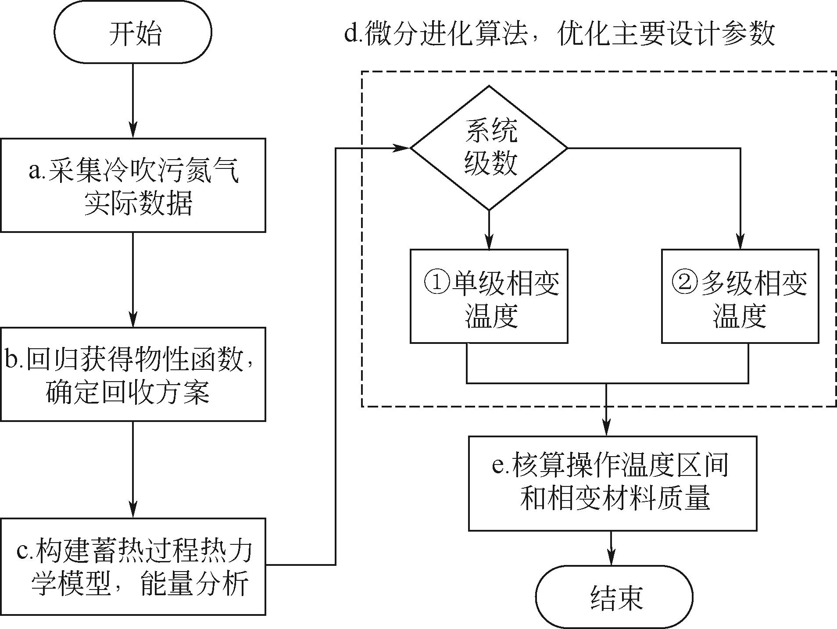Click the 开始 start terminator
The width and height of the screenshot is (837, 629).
(x=133, y=32)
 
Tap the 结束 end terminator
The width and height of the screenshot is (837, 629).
(x=616, y=597)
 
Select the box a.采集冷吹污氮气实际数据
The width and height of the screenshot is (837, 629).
(x=133, y=185)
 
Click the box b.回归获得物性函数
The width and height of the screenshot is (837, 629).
(x=133, y=374)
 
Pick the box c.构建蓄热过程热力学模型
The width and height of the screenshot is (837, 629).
(x=133, y=566)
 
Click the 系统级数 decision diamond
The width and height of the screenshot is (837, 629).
(x=489, y=148)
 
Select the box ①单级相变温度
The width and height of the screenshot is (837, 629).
(x=489, y=296)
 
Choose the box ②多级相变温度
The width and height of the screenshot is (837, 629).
(x=740, y=296)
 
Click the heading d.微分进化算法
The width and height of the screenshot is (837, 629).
(x=559, y=33)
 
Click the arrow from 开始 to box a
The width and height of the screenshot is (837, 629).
(x=133, y=101)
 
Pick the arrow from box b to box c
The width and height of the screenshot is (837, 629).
(x=133, y=469)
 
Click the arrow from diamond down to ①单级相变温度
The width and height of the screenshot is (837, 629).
(x=489, y=230)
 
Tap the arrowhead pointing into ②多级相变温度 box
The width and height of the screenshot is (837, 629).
(x=740, y=243)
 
